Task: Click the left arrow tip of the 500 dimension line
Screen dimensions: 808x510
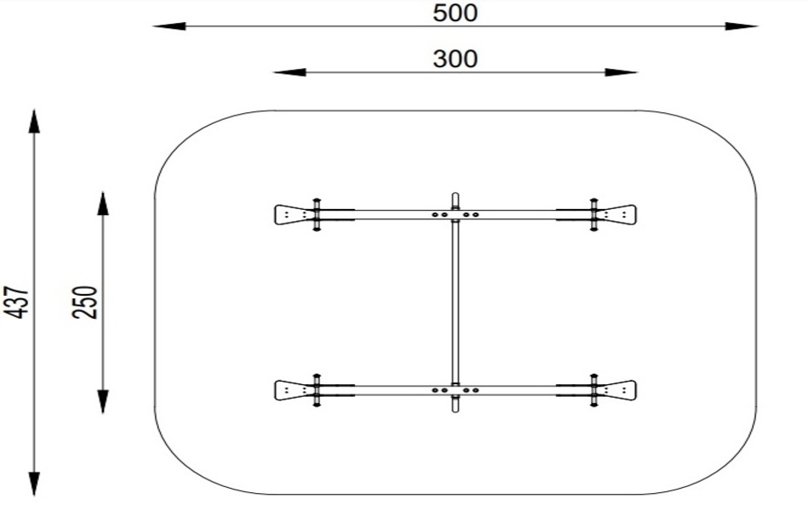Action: point(154,25)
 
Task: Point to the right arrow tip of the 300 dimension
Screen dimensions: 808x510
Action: point(638,72)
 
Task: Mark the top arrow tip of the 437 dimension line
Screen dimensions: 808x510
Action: point(34,110)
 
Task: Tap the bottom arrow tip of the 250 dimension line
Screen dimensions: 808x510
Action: point(103,413)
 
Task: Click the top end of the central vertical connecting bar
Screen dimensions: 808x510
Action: point(455,194)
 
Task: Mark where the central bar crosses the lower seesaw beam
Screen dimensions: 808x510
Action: point(455,390)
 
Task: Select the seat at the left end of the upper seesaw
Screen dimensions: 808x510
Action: point(291,214)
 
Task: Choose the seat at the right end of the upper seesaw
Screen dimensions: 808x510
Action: point(619,214)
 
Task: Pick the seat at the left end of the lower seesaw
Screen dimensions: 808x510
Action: point(291,390)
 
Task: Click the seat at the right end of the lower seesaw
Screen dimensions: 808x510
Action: point(619,390)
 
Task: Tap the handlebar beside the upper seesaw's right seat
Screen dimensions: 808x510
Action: point(594,214)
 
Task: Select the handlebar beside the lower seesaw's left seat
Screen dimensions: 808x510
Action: point(316,390)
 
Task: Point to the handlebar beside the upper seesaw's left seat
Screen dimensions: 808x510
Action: point(316,214)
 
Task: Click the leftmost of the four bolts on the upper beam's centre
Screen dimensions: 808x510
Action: point(435,214)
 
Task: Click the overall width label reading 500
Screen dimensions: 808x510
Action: point(455,13)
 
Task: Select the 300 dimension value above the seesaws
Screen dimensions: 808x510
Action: point(455,59)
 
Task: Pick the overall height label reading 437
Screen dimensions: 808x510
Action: point(19,303)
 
